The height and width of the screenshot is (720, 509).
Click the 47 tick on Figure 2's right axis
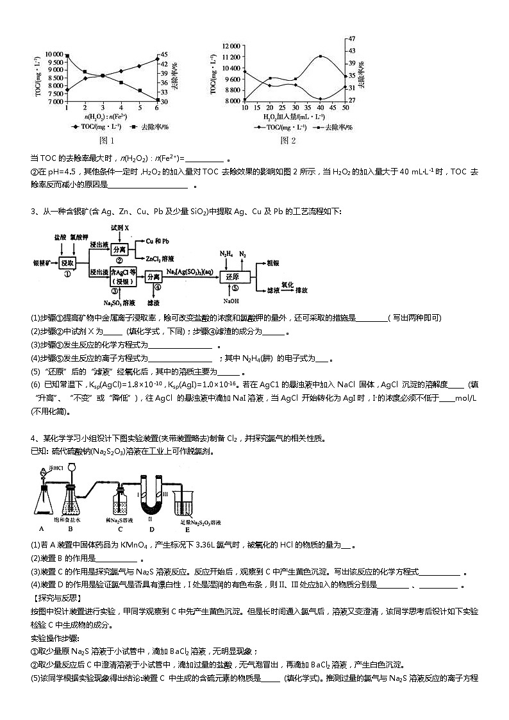(x=351, y=38)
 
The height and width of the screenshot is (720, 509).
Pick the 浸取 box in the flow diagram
(x=67, y=263)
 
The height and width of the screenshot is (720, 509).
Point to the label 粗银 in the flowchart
(x=273, y=263)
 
